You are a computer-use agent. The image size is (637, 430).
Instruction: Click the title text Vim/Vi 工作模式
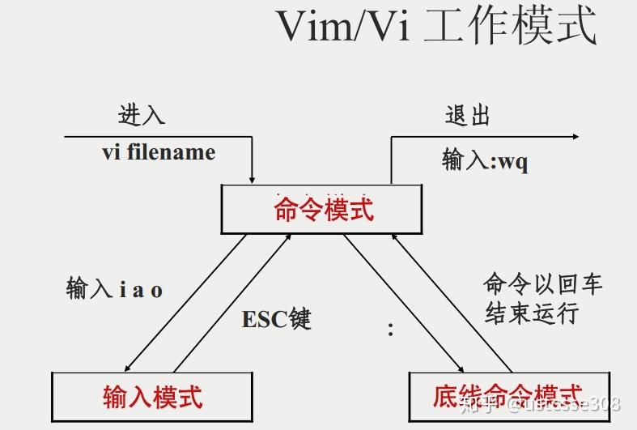[437, 27]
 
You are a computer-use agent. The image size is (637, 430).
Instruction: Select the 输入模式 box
[152, 396]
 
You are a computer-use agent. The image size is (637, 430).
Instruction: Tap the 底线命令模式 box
[507, 396]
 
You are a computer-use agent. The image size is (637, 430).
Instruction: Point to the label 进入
[142, 116]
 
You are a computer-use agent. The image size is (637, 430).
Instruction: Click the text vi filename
[159, 152]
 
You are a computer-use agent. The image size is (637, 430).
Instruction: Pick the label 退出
[468, 116]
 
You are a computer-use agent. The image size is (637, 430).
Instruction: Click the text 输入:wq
[485, 160]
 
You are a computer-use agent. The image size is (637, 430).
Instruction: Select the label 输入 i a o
[114, 289]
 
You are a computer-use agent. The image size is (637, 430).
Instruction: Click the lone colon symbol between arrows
[390, 329]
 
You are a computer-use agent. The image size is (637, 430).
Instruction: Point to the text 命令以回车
[543, 283]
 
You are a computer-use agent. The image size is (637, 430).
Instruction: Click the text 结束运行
[532, 313]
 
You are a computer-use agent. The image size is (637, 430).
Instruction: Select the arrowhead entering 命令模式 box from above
[253, 178]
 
